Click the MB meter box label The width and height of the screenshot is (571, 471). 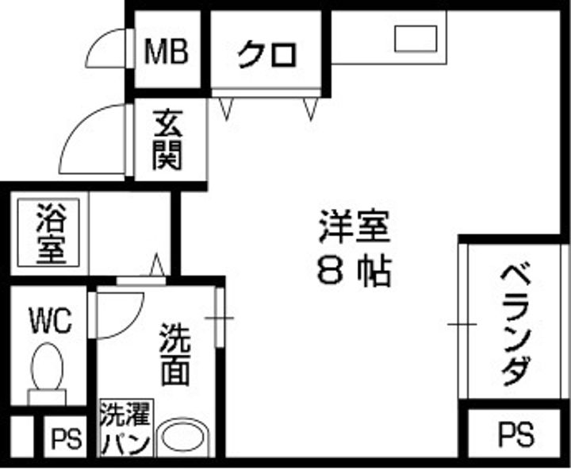167,51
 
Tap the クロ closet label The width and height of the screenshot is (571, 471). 267,55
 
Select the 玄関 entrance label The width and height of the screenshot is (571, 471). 167,140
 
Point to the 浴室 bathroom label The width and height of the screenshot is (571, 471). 52,234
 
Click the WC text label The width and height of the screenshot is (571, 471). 51,321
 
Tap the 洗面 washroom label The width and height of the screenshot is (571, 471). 175,354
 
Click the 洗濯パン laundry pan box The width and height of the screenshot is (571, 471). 126,427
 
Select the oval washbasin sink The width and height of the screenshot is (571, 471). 182,437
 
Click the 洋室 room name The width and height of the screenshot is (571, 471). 354,226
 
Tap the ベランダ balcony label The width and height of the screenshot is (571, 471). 515,325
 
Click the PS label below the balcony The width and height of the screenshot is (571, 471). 516,434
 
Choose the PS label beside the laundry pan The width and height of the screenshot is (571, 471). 66,438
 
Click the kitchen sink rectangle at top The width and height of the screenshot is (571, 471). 416,38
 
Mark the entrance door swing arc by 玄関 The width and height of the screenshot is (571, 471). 93,139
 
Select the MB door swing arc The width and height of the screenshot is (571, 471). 106,48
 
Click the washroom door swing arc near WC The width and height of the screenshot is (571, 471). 121,315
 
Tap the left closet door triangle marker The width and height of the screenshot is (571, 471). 226,109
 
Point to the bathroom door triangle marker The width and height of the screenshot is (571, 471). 157,264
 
